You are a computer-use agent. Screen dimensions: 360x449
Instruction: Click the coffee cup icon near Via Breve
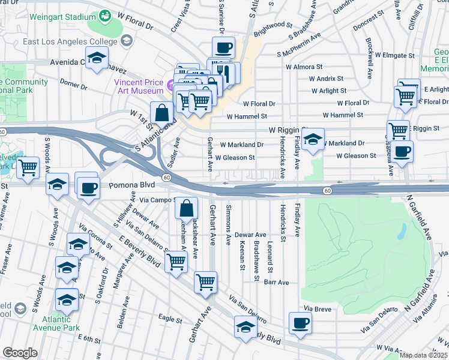pos(300,323)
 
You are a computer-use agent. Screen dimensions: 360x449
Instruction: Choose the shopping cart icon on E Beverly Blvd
pos(176,261)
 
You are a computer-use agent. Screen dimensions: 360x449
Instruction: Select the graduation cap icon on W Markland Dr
pos(312,140)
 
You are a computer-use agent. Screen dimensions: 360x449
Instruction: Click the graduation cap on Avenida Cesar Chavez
pos(97,58)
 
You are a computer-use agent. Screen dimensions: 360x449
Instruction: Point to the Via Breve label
pos(318,308)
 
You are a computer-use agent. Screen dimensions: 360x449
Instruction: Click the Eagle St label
pos(170,317)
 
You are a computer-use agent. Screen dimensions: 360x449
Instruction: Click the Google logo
pos(20,353)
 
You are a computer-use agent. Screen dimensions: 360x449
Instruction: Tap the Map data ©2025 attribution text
pos(424,355)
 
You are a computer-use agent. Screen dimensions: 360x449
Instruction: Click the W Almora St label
pos(315,67)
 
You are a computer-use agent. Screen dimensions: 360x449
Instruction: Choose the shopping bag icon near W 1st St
pos(162,112)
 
